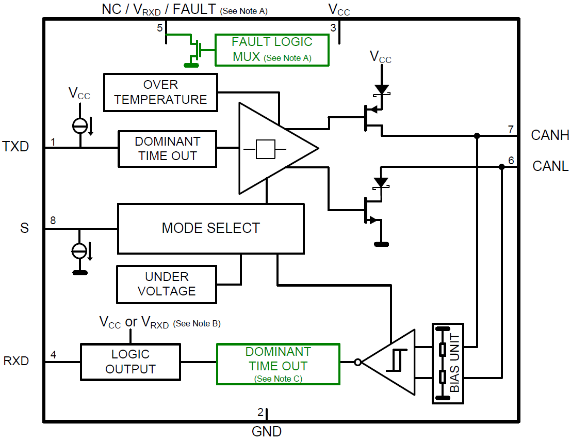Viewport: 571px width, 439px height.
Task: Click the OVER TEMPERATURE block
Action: click(x=160, y=92)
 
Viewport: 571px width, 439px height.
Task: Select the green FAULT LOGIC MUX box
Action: click(x=272, y=50)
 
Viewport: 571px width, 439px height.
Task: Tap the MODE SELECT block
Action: click(x=210, y=228)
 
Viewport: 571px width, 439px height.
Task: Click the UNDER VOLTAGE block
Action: click(x=167, y=284)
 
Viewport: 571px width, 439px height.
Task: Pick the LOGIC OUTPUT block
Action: click(x=130, y=362)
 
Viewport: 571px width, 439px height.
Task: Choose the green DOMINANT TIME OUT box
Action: click(x=278, y=364)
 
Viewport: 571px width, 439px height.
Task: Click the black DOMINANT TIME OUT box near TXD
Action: click(x=167, y=149)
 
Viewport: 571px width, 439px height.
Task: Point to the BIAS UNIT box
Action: click(x=448, y=364)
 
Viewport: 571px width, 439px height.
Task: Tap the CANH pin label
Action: click(x=550, y=135)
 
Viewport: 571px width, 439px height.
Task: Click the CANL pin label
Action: click(x=550, y=166)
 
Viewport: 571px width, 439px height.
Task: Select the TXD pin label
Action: click(x=16, y=147)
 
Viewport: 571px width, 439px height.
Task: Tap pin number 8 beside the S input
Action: click(x=53, y=221)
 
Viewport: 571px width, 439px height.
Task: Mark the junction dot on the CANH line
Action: click(x=477, y=136)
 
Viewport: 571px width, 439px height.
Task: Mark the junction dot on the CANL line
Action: click(x=501, y=167)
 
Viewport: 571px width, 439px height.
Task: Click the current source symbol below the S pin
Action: click(x=79, y=251)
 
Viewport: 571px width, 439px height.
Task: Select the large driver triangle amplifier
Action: click(x=271, y=149)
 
